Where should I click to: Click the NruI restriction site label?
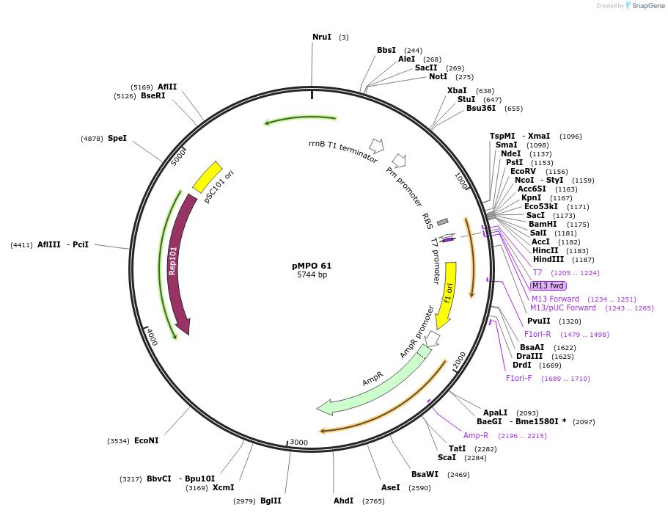[321, 37]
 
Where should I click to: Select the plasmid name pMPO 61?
[312, 266]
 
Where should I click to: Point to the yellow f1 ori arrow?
[447, 294]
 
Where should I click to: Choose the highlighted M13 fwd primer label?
[548, 285]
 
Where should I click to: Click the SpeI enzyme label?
[117, 138]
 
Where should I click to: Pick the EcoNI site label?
[146, 440]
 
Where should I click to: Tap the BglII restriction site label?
[271, 501]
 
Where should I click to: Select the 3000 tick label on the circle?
[298, 442]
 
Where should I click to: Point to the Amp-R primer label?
[475, 435]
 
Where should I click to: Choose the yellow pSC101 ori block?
[208, 177]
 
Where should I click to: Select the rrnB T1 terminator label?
[343, 152]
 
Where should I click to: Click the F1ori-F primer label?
[518, 378]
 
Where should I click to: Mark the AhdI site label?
[343, 501]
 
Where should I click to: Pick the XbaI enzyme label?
[457, 90]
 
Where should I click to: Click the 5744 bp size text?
[312, 275]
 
